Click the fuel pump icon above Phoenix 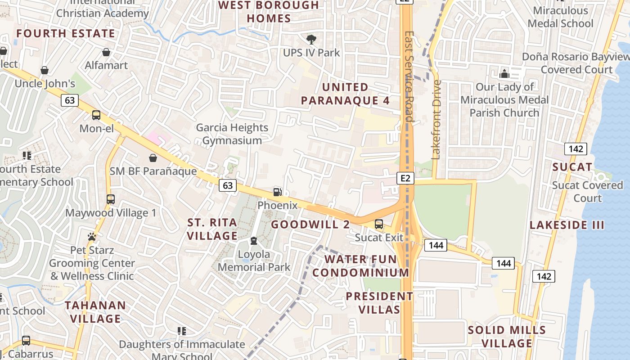point(277,192)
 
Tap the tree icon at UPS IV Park point(311,40)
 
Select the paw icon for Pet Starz point(92,237)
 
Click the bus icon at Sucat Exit point(379,224)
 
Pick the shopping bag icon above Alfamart point(106,53)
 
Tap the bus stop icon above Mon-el point(96,115)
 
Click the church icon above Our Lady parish point(504,73)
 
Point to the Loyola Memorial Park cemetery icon point(254,241)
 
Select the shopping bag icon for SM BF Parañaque point(153,158)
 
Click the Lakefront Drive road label point(436,120)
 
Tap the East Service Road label point(409,76)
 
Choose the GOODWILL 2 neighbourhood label point(310,224)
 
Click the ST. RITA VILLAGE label point(212,229)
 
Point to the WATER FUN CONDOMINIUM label point(361,266)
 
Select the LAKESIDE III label point(567,225)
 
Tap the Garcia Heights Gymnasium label point(232,134)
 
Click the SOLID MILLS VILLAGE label point(507,337)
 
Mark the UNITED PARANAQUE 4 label point(345,94)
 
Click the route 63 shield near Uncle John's point(70,100)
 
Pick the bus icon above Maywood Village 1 point(111,199)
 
